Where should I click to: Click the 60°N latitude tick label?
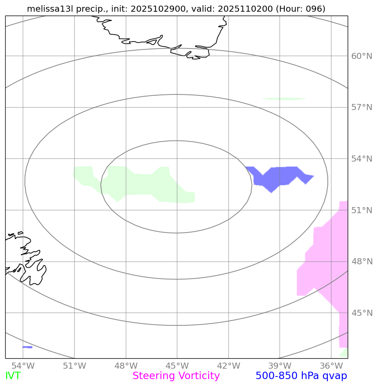pos(362,56)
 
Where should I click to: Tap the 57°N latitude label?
pos(362,107)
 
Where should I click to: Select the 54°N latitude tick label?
pos(362,159)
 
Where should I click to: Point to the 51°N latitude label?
pos(362,211)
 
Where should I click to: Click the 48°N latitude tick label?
pos(362,262)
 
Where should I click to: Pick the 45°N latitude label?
pos(362,313)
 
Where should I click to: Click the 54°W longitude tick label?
pos(23,366)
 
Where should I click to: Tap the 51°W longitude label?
pos(74,366)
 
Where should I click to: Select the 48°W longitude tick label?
pos(126,366)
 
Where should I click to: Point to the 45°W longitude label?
pos(177,366)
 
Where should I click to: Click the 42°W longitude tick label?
pos(228,366)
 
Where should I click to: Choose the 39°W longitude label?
pos(279,366)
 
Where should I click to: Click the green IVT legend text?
pos(13,376)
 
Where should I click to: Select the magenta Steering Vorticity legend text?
pos(176,376)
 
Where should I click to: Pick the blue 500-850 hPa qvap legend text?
pos(301,376)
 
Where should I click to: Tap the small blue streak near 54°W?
pos(27,347)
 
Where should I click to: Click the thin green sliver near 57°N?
pos(284,99)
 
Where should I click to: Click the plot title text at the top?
pos(176,9)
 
